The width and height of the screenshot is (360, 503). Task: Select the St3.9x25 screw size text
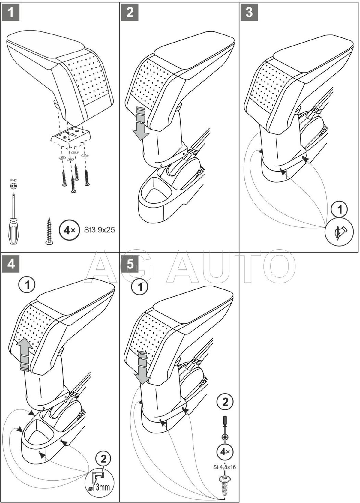point(100,230)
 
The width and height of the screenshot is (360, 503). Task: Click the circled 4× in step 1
point(69,230)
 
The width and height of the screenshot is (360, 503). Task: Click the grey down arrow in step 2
point(139,124)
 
